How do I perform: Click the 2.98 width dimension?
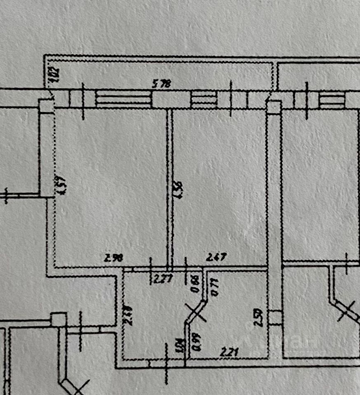(x=113, y=259)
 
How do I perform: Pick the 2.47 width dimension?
(x=216, y=258)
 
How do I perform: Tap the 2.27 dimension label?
(x=163, y=279)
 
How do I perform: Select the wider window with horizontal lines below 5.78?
(x=124, y=99)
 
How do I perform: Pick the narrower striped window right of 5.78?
(x=204, y=99)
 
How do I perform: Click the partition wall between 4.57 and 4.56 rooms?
(x=169, y=187)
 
